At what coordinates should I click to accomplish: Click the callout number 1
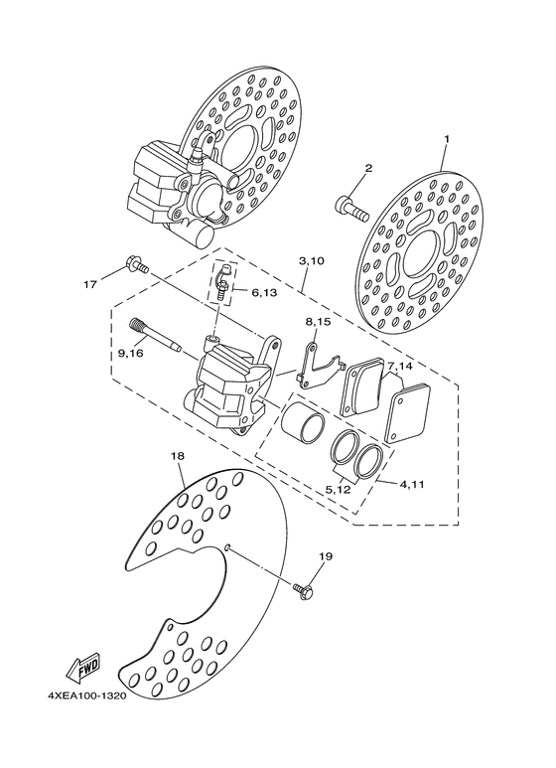click(447, 139)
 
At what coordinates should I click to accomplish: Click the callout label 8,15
click(317, 323)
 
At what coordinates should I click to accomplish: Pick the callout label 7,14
click(401, 367)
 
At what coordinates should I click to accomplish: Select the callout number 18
click(178, 456)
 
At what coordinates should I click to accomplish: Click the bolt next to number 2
click(349, 207)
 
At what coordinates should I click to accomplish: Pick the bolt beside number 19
click(304, 590)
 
